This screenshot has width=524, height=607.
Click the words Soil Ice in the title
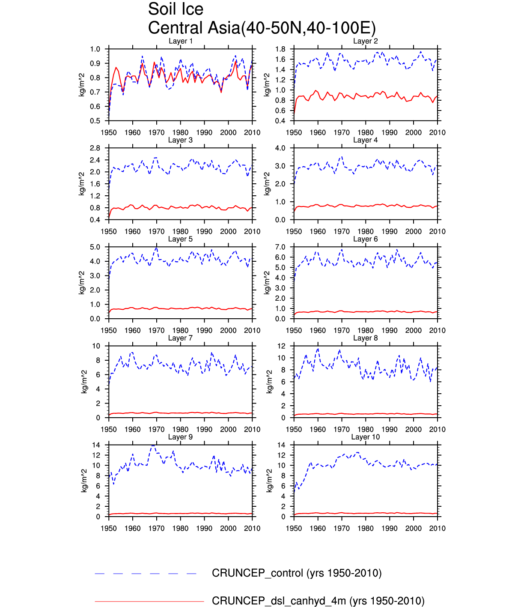click(176, 9)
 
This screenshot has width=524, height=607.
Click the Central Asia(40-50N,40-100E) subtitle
click(262, 28)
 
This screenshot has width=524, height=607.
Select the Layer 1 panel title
click(180, 41)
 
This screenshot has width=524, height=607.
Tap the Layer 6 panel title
click(365, 239)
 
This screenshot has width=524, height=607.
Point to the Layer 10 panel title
click(365, 437)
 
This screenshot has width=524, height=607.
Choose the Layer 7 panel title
click(180, 338)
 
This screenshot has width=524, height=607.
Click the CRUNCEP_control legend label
click(296, 573)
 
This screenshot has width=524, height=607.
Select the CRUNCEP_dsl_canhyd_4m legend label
click(318, 601)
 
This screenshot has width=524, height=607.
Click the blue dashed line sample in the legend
click(146, 574)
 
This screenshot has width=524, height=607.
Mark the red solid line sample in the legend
click(149, 601)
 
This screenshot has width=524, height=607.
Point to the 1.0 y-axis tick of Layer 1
click(95, 49)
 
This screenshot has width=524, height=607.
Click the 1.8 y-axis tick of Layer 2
click(280, 49)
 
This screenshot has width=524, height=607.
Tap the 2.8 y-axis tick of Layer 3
click(95, 148)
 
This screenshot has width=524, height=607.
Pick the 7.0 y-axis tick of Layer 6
click(280, 247)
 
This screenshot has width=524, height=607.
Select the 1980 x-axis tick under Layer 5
click(180, 330)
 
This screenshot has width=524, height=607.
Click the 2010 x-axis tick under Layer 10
click(437, 528)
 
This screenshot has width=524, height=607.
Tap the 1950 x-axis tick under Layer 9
click(109, 528)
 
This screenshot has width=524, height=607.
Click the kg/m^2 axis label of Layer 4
click(267, 184)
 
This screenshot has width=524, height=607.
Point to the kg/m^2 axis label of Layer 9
click(84, 481)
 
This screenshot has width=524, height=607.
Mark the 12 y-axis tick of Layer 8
click(281, 346)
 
